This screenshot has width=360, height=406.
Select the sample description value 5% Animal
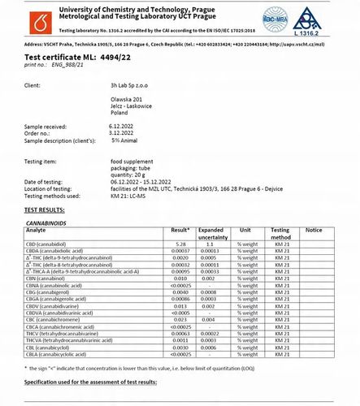coord(126,140)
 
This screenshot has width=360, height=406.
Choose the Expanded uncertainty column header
coord(215,233)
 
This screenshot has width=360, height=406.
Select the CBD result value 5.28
coord(181,244)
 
